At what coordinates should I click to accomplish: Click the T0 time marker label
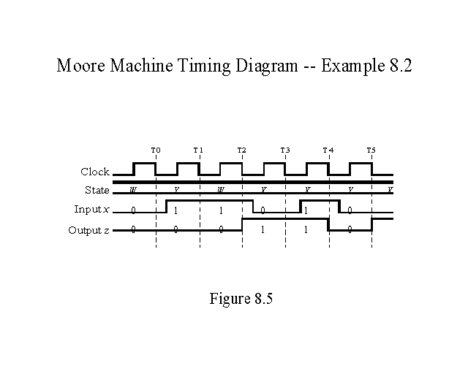[155, 150]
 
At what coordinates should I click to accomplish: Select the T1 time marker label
[198, 150]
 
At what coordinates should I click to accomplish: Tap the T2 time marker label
[241, 150]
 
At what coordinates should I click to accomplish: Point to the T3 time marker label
[284, 150]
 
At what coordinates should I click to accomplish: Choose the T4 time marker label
[328, 150]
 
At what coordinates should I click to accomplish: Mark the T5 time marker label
[371, 150]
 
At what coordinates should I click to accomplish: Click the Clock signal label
[95, 172]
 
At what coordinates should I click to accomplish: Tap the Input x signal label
[91, 210]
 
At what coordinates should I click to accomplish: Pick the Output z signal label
[89, 229]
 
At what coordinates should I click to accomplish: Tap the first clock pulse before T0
[144, 169]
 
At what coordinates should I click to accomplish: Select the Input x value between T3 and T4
[307, 210]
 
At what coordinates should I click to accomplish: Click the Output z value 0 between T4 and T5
[350, 229]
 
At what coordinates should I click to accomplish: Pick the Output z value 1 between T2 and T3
[263, 229]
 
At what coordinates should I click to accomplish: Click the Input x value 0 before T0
[133, 210]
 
